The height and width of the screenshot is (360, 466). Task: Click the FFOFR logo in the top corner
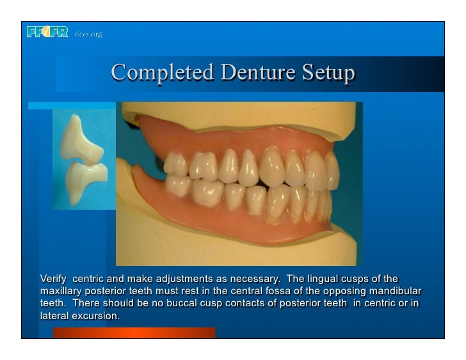49,33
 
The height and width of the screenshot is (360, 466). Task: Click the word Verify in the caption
53,279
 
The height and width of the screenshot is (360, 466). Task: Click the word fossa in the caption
269,291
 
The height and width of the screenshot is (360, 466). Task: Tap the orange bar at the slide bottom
134,333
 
